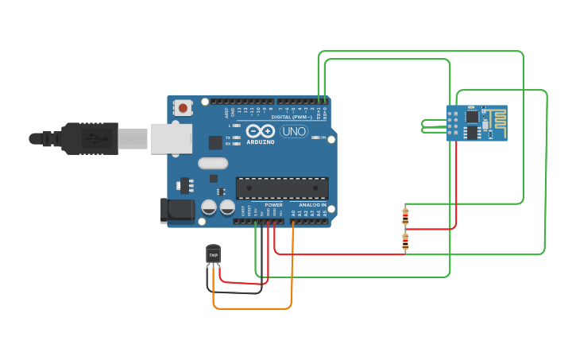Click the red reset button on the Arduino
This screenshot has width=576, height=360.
click(184, 107)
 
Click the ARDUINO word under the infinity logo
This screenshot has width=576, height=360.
click(260, 142)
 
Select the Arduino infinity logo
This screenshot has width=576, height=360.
click(260, 131)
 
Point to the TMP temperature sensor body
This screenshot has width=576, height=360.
click(213, 254)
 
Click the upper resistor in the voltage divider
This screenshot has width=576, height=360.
click(406, 215)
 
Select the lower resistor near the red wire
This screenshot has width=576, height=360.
click(405, 242)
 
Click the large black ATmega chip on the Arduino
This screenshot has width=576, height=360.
click(282, 188)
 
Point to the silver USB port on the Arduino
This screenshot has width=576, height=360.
click(171, 138)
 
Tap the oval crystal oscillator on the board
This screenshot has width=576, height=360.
click(212, 164)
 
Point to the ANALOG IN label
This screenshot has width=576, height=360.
click(312, 205)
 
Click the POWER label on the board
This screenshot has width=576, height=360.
click(273, 205)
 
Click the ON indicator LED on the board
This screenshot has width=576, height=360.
click(315, 137)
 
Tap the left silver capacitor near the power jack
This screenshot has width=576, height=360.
click(209, 207)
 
